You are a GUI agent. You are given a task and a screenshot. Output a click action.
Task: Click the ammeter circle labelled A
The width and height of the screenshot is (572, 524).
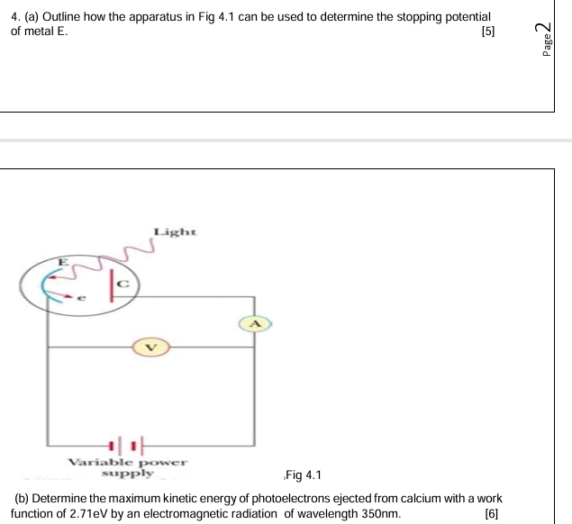click(x=254, y=322)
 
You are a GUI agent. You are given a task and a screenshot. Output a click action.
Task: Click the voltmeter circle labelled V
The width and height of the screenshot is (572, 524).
click(x=150, y=347)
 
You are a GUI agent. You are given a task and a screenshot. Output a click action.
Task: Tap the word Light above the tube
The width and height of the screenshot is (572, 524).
click(x=175, y=232)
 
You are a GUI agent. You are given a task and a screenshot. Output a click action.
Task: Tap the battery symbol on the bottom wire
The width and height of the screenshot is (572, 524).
click(x=124, y=445)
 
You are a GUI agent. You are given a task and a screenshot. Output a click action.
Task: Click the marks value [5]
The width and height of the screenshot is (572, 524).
click(x=487, y=32)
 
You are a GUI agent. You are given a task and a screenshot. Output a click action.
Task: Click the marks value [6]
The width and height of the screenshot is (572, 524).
click(x=490, y=513)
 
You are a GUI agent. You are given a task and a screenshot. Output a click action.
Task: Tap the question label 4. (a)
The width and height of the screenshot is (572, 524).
click(x=27, y=17)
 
